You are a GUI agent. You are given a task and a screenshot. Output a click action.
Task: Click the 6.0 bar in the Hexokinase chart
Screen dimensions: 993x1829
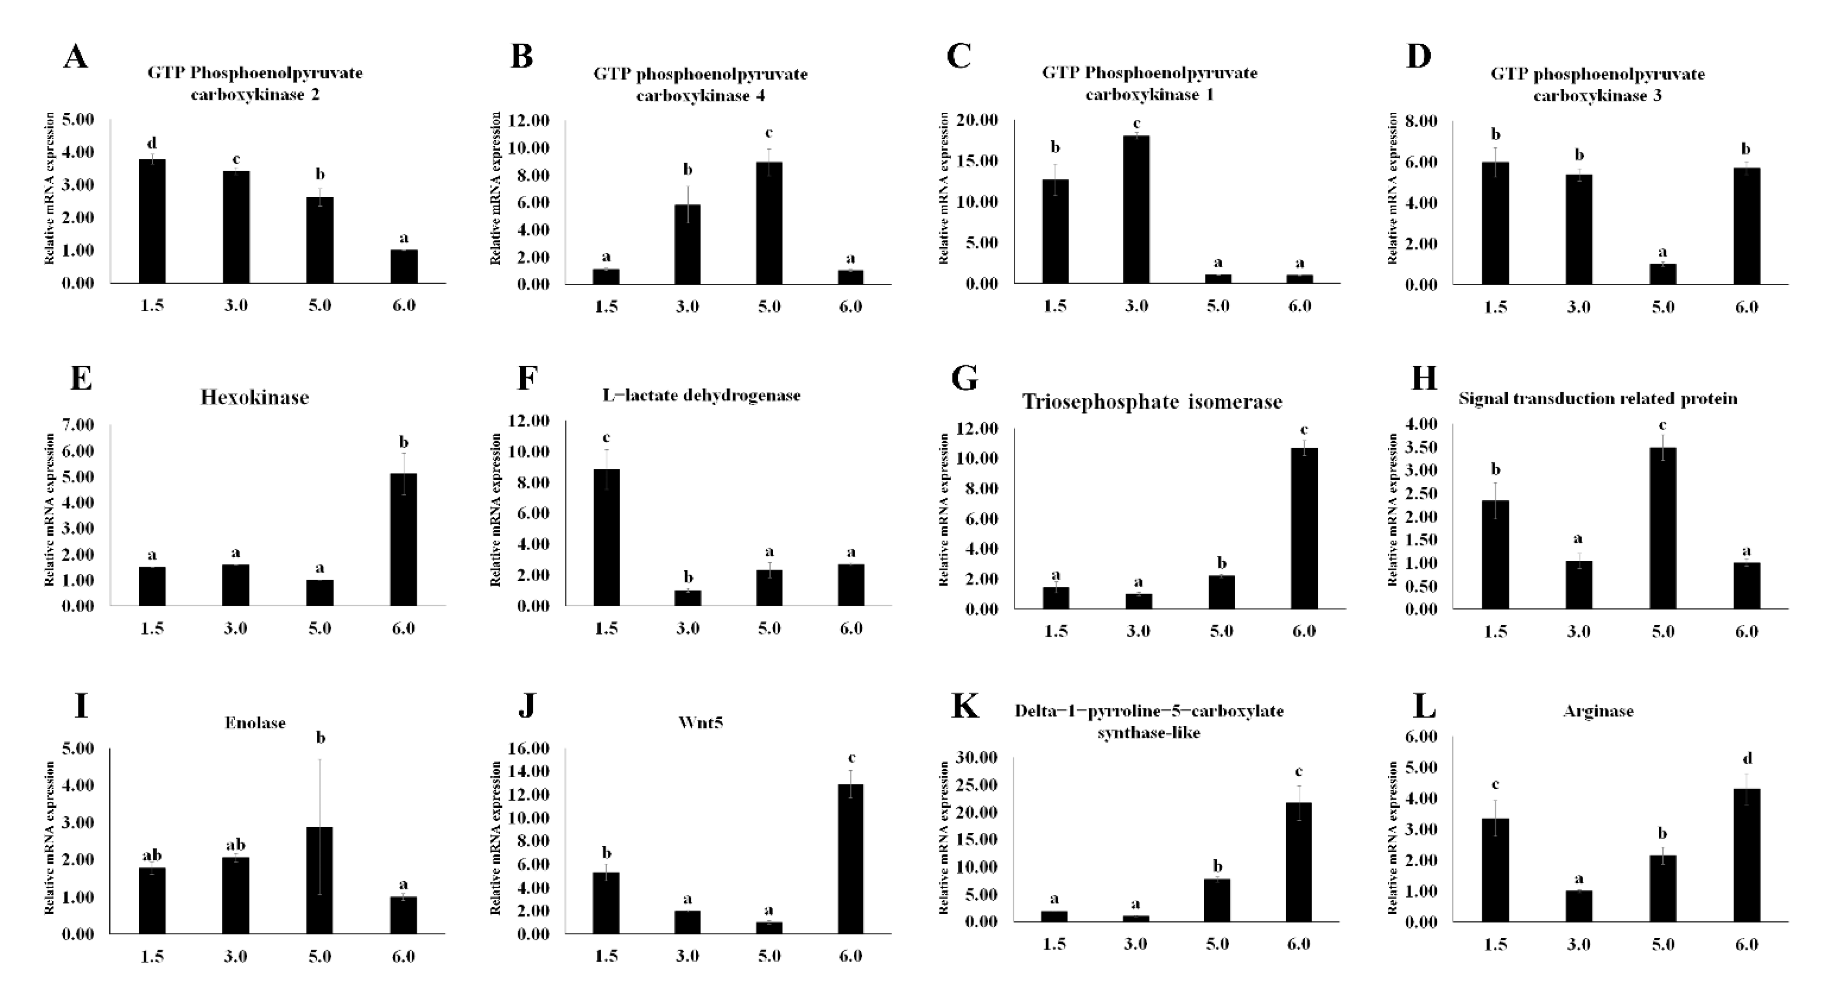tap(403, 539)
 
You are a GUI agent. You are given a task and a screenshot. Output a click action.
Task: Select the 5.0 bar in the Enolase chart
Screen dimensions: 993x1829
tap(320, 880)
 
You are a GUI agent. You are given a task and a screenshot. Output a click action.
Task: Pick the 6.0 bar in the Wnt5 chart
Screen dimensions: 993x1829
tap(851, 859)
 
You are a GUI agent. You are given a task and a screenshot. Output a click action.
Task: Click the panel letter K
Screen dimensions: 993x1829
tap(964, 708)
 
